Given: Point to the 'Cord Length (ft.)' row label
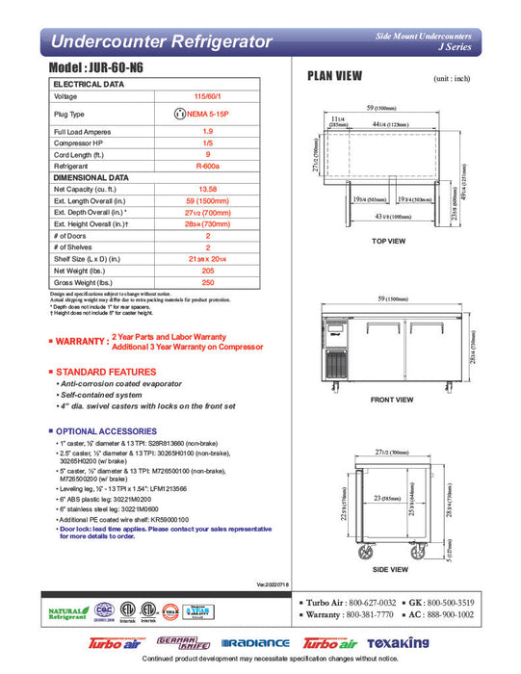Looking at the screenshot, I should (83, 154).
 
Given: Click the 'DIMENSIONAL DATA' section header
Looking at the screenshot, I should (92, 177).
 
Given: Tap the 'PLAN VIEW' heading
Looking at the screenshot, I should (334, 78).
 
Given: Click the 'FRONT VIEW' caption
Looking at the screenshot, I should (391, 399).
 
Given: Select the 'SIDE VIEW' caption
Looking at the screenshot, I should (389, 571).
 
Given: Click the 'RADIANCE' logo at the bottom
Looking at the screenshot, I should (255, 643).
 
